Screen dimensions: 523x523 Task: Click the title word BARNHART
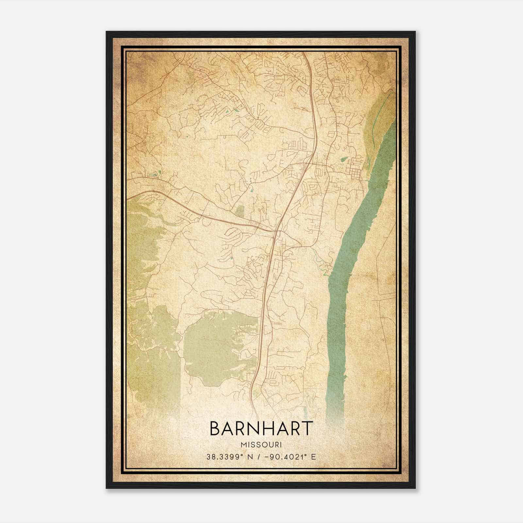point(261,429)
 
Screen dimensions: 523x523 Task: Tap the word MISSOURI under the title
point(261,445)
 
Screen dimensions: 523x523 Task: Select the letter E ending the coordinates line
point(313,457)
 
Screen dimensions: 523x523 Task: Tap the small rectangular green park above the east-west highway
point(240,211)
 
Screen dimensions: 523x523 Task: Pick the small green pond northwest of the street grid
point(344,160)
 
